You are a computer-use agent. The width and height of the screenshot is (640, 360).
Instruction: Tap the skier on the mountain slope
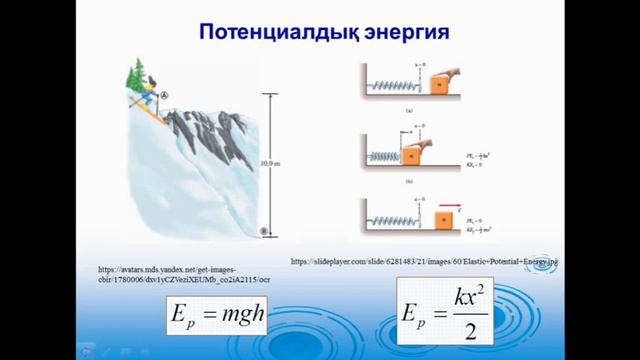tap(149, 100)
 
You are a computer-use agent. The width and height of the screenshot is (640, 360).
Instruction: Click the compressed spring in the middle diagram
tap(383, 157)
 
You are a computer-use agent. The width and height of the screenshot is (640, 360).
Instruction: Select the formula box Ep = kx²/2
tap(447, 312)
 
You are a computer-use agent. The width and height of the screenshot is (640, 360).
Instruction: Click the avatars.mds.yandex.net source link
tap(184, 274)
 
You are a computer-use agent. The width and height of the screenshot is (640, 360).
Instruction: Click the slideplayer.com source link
tap(424, 261)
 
